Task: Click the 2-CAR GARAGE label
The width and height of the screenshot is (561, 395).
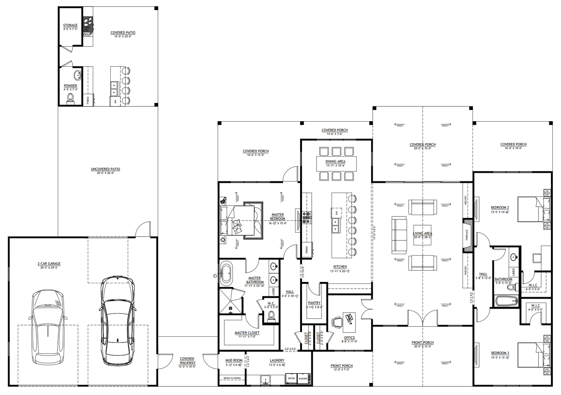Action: tap(49, 264)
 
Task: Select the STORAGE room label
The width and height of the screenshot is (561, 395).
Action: tap(70, 25)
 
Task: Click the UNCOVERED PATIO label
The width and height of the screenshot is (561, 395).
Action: tap(105, 169)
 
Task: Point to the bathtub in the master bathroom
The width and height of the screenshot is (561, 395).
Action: tap(226, 273)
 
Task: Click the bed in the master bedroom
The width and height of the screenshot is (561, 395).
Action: tap(237, 220)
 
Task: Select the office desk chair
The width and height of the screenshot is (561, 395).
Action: tap(336, 322)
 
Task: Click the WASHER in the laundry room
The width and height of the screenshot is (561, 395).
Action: tap(303, 379)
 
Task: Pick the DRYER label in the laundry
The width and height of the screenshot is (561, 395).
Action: tap(291, 378)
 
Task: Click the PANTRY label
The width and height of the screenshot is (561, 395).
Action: tap(314, 303)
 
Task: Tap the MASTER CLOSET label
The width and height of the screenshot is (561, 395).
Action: tap(247, 333)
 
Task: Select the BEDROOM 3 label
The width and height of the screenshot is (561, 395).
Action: tap(500, 353)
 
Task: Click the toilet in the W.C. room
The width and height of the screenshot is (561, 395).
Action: tap(271, 316)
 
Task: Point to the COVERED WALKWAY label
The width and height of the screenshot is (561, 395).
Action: tap(187, 361)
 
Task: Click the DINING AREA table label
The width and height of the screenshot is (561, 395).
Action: tap(335, 162)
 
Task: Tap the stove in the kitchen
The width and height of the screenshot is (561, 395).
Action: tap(307, 218)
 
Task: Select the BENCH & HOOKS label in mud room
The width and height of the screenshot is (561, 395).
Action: tap(232, 378)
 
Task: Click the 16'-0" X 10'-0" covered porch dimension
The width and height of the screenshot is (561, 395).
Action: tap(513, 148)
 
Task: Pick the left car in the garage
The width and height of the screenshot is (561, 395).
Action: tap(48, 326)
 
